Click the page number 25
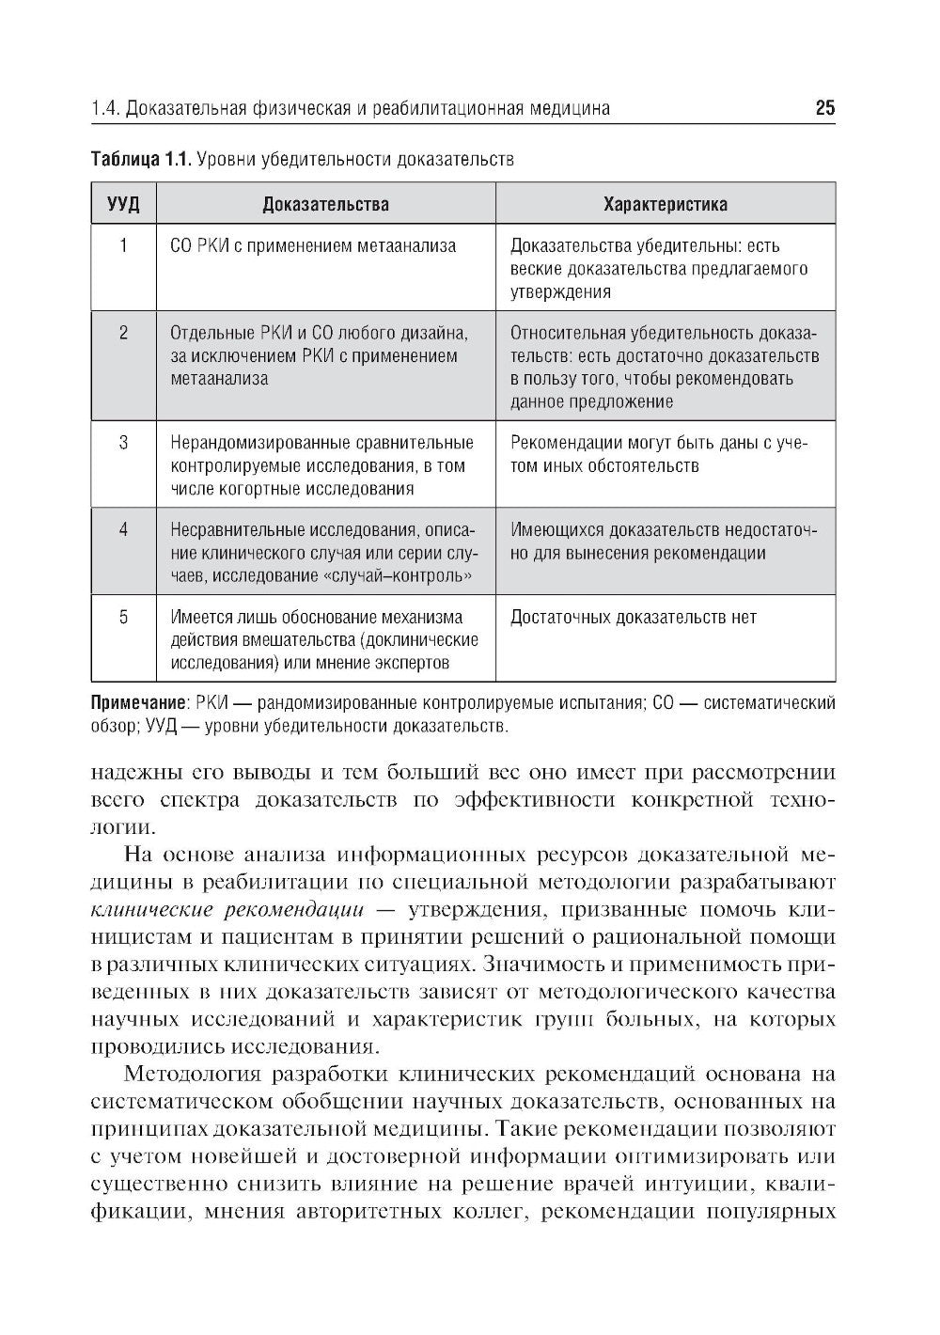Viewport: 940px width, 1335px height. click(824, 108)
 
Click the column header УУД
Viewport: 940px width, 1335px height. click(123, 204)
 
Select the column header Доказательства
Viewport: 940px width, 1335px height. click(325, 204)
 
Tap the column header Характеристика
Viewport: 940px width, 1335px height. click(665, 204)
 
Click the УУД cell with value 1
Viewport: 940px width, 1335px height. click(123, 246)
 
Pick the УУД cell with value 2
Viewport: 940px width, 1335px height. click(123, 333)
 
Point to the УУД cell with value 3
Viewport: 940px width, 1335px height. click(123, 443)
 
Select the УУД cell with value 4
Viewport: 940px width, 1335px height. click(123, 530)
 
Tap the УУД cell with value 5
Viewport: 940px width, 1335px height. click(123, 618)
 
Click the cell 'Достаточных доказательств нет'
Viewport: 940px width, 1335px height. click(633, 618)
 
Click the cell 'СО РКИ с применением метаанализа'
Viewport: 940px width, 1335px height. click(313, 246)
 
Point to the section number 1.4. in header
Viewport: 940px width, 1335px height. click(105, 109)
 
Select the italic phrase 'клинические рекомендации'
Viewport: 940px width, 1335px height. click(227, 910)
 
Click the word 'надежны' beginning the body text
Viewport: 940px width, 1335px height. click(132, 773)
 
